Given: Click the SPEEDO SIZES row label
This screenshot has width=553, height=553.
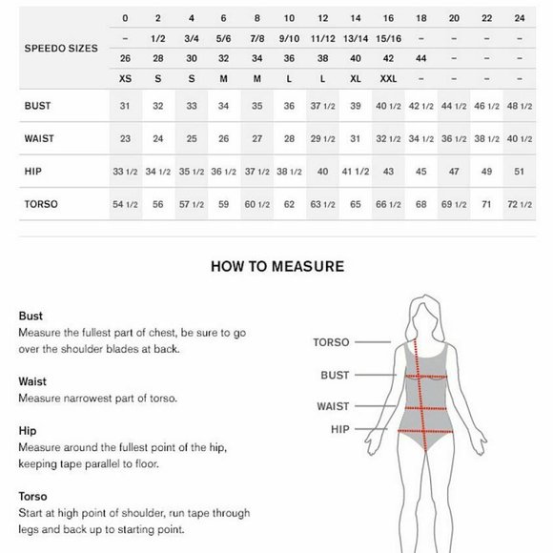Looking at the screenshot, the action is tap(59, 48).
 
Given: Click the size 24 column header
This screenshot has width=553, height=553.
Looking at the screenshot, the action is tap(520, 18).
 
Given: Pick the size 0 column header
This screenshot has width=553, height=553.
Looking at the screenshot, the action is tap(125, 18).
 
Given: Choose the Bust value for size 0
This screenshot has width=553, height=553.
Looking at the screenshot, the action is tap(125, 106).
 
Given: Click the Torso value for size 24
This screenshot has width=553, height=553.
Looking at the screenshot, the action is tap(520, 204).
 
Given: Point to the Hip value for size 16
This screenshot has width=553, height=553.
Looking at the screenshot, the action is tap(388, 172).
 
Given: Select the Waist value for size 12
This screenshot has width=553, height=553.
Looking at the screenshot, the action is tap(322, 139).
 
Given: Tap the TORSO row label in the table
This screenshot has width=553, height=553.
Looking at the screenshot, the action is tap(41, 204).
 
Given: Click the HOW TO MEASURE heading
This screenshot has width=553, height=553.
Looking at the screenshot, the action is tap(276, 267).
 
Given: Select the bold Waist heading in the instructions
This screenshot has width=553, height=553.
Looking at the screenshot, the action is tap(32, 381).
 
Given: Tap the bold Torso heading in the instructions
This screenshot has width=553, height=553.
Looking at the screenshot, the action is tap(32, 496).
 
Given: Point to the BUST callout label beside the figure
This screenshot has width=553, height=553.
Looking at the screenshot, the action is tap(334, 376).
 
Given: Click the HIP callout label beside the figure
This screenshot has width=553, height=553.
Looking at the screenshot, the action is tap(340, 430).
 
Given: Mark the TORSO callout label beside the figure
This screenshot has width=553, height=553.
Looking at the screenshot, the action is tap(331, 341).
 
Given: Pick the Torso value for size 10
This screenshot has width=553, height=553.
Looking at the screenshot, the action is tap(289, 204).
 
